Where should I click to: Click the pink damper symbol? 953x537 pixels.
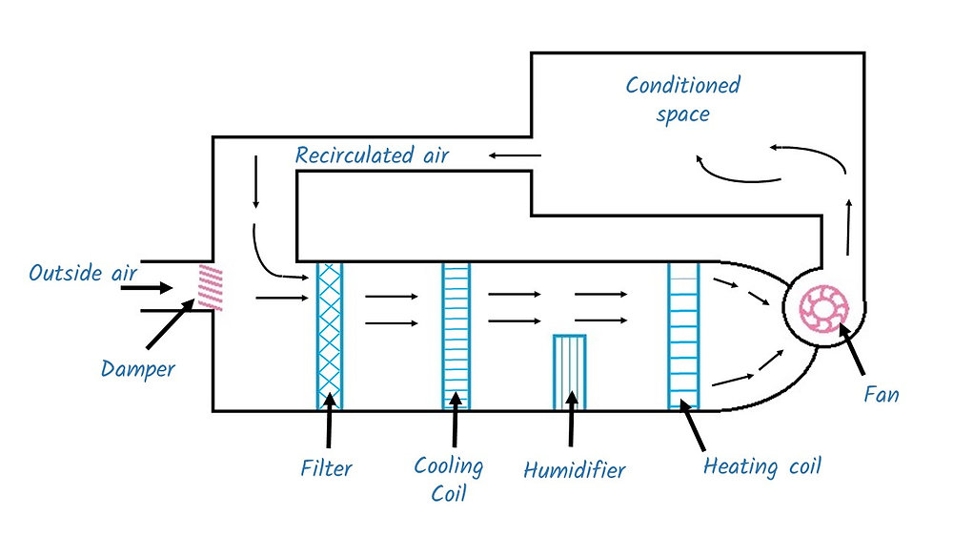coord(209,286)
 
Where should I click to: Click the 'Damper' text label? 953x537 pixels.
coord(138,367)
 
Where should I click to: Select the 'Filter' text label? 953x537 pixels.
coord(327,467)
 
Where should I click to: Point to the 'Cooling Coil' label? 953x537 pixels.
coord(448,480)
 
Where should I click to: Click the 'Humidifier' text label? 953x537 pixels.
coord(575,469)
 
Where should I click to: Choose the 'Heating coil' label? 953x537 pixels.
coord(761,466)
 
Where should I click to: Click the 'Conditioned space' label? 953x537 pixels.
coord(682,99)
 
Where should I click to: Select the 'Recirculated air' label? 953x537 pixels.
coord(372,155)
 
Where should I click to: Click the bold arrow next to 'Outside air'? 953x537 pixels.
coord(152,287)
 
